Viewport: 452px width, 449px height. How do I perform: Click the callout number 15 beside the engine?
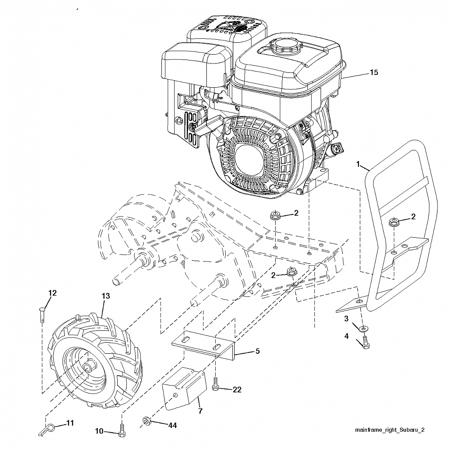coord(374,72)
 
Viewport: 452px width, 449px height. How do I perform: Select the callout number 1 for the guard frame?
coord(358,164)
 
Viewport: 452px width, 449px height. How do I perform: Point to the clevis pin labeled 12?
coord(42,314)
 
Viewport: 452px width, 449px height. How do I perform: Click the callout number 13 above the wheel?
coord(106,296)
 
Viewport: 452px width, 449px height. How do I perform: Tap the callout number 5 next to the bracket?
coord(258,351)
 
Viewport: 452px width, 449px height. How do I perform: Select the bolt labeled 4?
coord(366,342)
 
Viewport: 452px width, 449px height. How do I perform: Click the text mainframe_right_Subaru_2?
coord(389,430)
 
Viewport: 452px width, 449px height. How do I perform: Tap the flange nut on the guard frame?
coord(393,222)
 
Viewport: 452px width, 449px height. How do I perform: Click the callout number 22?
coord(237,389)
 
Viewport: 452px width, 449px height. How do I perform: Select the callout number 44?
coord(172,425)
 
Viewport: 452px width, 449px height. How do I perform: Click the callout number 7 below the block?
coord(200,411)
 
